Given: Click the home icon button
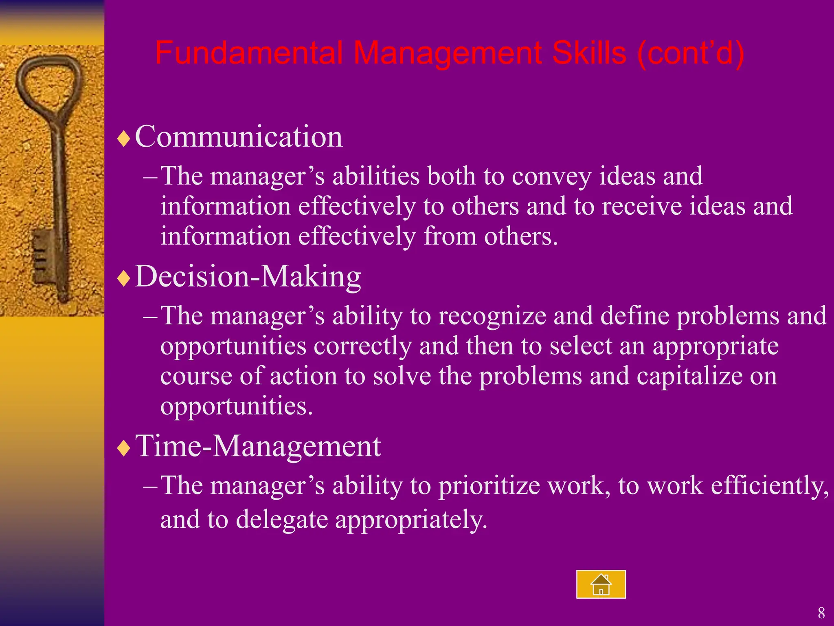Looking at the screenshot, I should [601, 584].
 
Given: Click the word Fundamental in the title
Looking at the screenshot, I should [248, 53].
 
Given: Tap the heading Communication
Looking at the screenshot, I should [239, 137].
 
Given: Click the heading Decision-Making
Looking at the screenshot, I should [248, 276].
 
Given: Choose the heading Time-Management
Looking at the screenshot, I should [258, 446].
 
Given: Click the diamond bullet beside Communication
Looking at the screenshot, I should [123, 139].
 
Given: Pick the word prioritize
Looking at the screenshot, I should [489, 486].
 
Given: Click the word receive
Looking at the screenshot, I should [642, 206].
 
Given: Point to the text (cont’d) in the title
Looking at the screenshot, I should [691, 53].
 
